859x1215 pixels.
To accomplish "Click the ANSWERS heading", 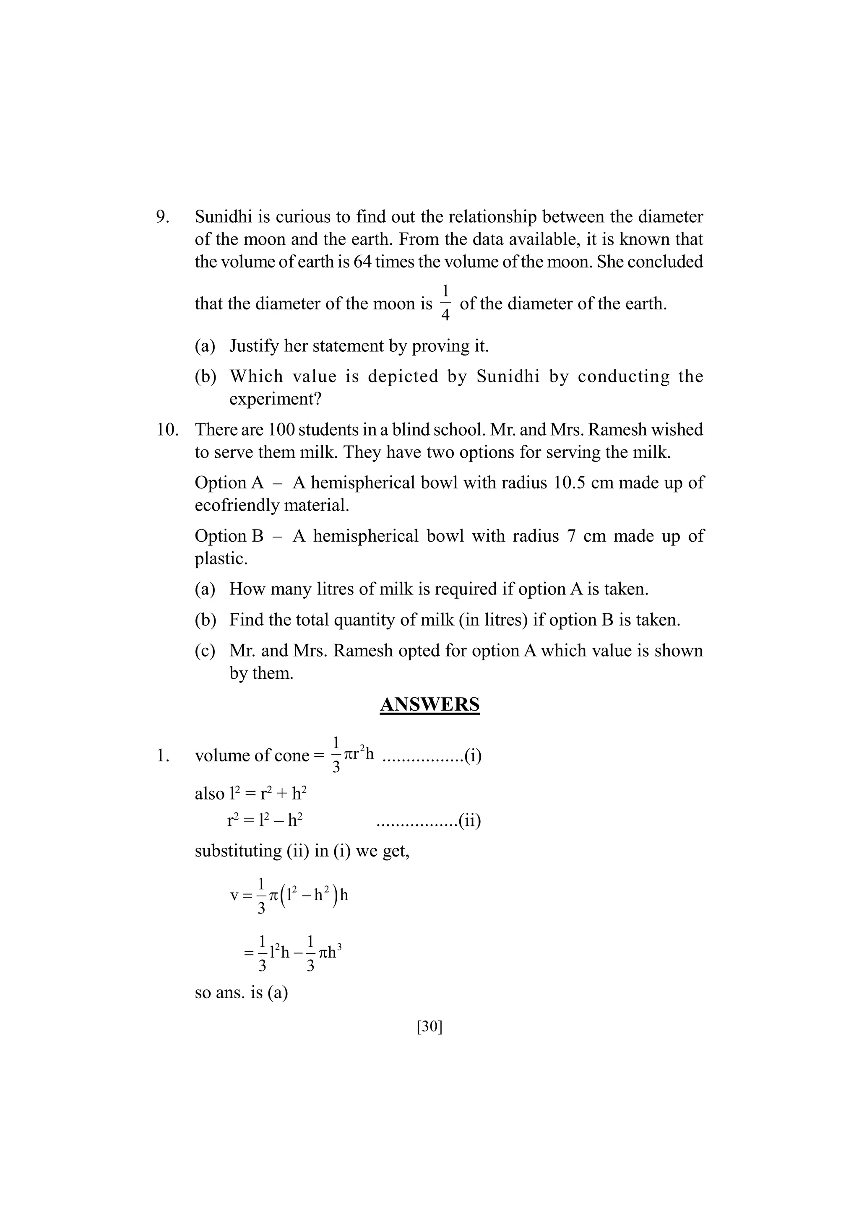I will pyautogui.click(x=429, y=704).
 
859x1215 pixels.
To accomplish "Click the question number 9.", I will pyautogui.click(x=162, y=217).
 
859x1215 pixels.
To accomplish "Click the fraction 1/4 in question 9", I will pyautogui.click(x=445, y=303).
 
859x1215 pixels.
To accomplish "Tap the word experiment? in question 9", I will pyautogui.click(x=275, y=399).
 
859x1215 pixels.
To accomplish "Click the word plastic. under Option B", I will pyautogui.click(x=221, y=559).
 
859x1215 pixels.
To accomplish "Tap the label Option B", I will pyautogui.click(x=229, y=536).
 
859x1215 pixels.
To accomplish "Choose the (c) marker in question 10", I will pyautogui.click(x=205, y=651).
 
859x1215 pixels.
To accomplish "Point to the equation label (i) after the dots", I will pyautogui.click(x=473, y=755).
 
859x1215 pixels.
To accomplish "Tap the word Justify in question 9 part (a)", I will pyautogui.click(x=255, y=346).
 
